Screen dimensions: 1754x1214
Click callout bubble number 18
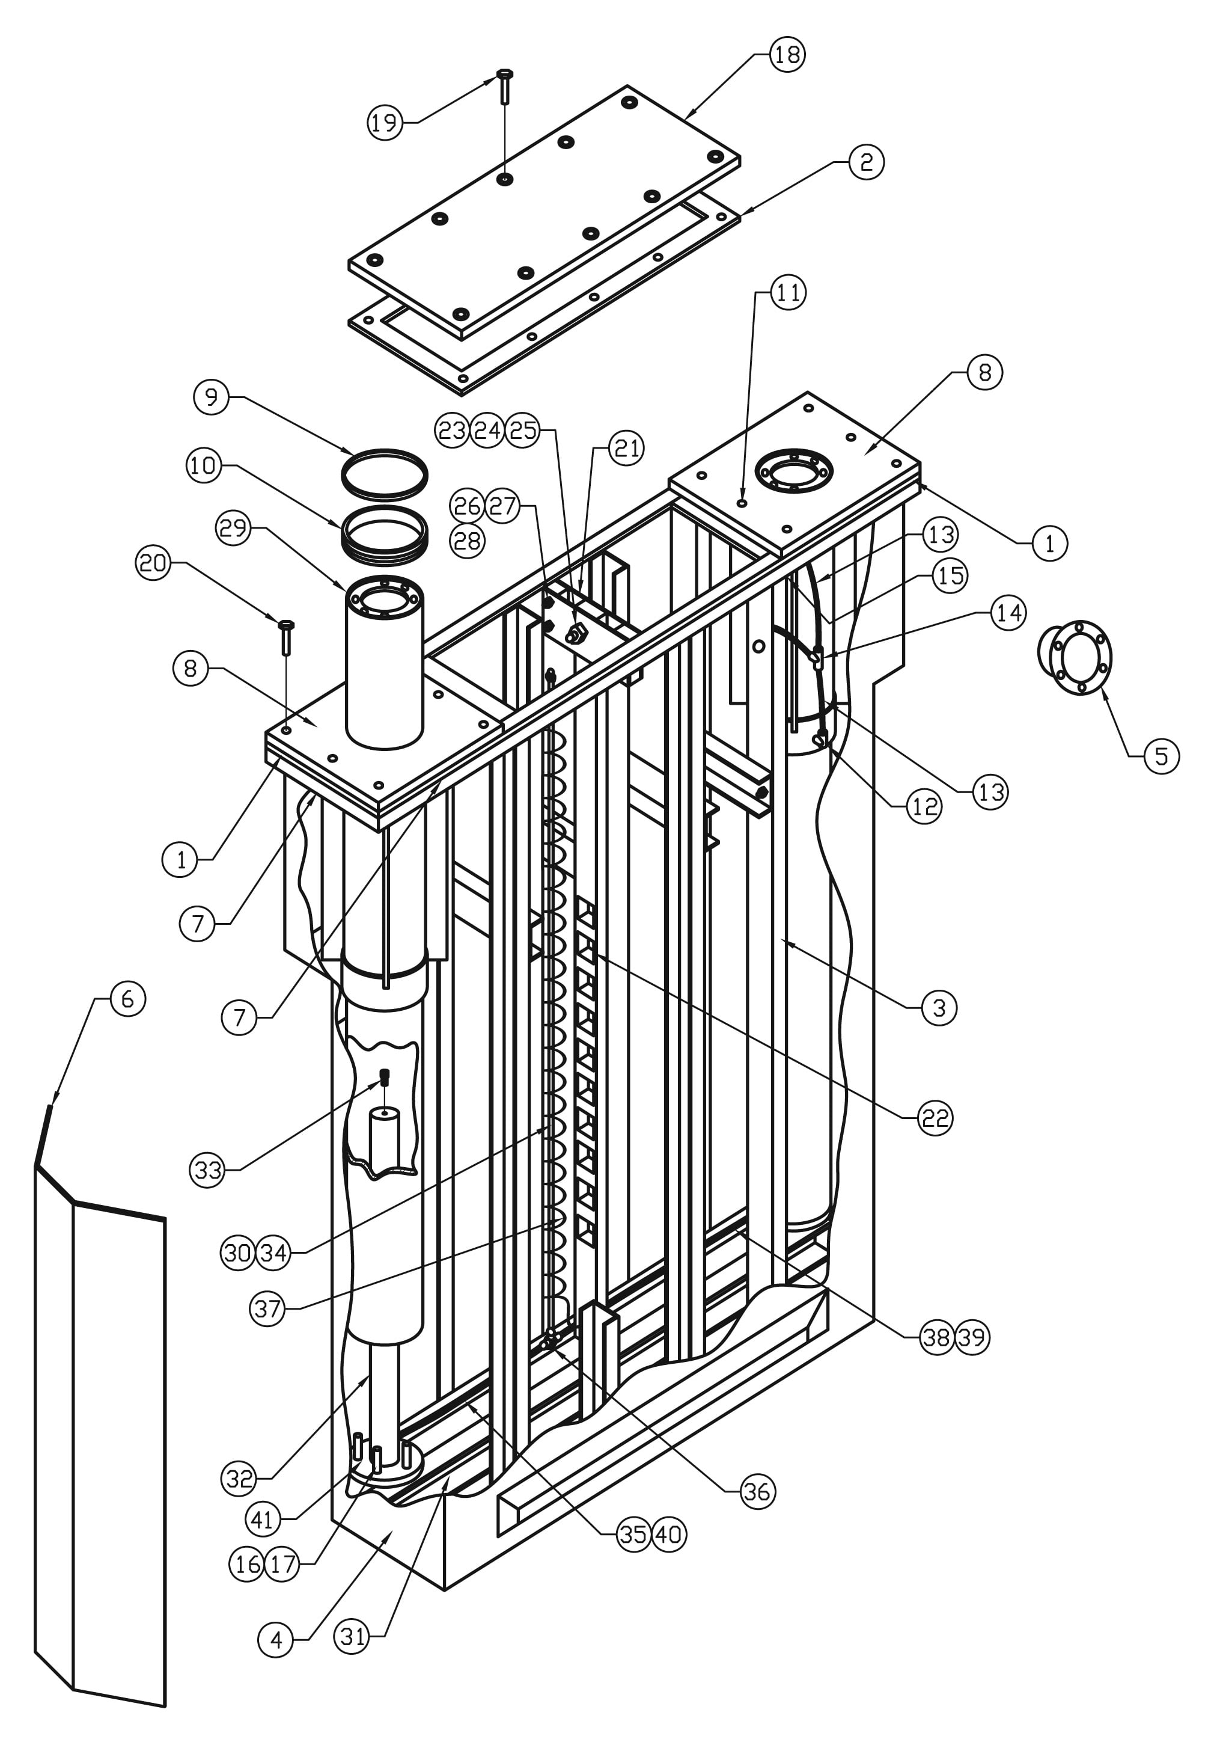787,55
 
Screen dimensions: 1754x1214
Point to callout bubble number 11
788,292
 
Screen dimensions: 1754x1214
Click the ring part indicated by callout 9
384,474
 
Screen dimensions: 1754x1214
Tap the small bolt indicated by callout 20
287,637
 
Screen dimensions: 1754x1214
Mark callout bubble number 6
128,998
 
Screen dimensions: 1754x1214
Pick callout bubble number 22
935,1118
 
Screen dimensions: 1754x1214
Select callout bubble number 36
757,1491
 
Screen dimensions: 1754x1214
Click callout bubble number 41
263,1519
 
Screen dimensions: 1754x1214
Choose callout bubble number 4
276,1640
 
